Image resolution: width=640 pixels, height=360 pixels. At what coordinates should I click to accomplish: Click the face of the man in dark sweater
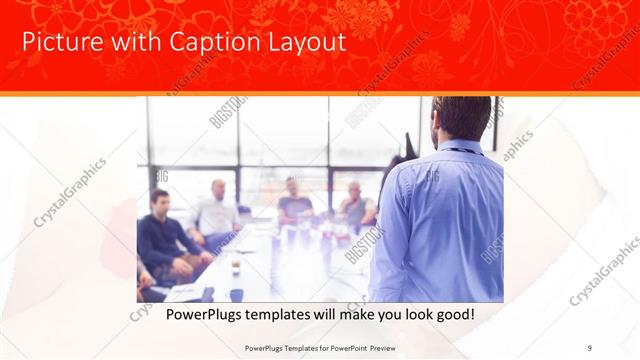[159, 200]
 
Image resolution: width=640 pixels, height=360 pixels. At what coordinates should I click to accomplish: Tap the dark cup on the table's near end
[237, 294]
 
